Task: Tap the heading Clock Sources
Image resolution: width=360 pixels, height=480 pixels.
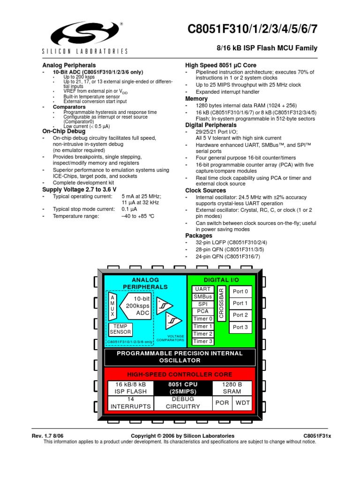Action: click(205, 191)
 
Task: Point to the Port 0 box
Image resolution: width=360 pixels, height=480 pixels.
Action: click(240, 291)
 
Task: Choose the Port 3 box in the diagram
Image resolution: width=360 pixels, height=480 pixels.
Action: click(240, 327)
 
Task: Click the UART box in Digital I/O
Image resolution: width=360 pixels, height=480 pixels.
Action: click(202, 289)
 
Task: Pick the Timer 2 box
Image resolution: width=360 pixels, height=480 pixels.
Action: click(202, 334)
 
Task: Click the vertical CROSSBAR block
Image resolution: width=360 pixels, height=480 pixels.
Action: click(222, 304)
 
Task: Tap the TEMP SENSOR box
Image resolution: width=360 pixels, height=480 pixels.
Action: click(121, 329)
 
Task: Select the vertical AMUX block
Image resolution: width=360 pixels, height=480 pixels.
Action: click(112, 307)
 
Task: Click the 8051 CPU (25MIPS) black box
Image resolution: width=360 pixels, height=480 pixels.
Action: click(180, 387)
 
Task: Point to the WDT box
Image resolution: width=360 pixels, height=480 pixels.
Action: click(243, 403)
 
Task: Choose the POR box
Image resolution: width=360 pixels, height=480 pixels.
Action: click(222, 403)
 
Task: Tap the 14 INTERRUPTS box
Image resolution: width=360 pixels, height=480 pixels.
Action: click(131, 403)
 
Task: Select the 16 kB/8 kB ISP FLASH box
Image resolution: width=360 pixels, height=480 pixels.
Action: click(131, 387)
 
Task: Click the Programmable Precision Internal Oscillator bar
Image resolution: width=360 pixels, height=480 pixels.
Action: click(180, 357)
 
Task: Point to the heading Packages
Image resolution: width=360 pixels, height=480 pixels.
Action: click(199, 235)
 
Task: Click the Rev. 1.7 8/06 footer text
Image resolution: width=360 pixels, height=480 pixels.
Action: click(47, 436)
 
